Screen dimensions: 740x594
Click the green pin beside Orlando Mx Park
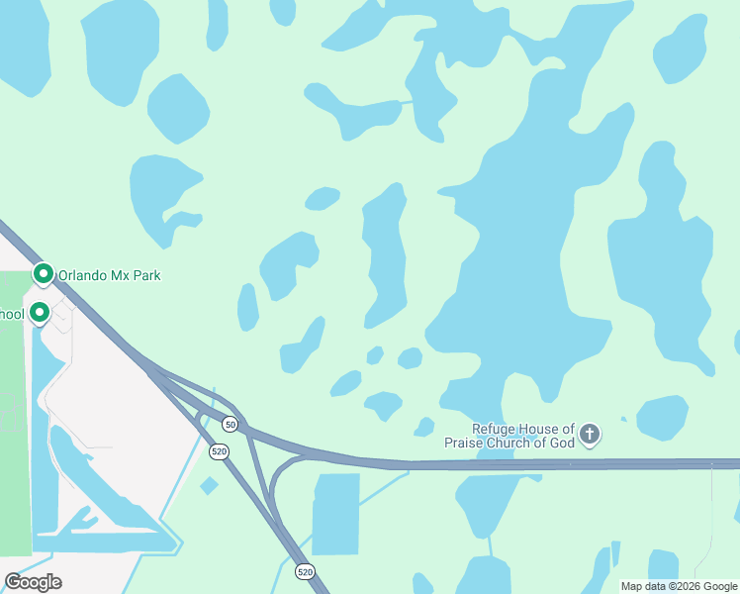point(43,273)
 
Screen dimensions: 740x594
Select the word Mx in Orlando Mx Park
point(120,275)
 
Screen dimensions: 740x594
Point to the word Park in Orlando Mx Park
point(145,275)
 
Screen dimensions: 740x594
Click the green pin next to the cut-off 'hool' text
point(40,312)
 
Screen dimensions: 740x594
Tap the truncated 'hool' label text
point(11,315)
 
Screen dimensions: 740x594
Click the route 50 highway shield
point(230,424)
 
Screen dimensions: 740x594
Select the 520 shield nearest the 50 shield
point(219,450)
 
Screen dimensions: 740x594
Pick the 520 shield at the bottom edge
point(305,571)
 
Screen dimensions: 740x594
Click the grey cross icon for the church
point(590,434)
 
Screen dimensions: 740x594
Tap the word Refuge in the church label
point(495,429)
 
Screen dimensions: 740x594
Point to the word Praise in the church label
point(467,443)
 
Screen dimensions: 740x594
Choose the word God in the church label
point(562,443)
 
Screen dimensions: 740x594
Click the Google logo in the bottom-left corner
point(33,582)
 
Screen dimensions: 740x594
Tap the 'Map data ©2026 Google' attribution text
point(679,586)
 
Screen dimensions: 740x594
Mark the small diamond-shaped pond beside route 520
point(208,485)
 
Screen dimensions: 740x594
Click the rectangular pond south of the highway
point(336,513)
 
